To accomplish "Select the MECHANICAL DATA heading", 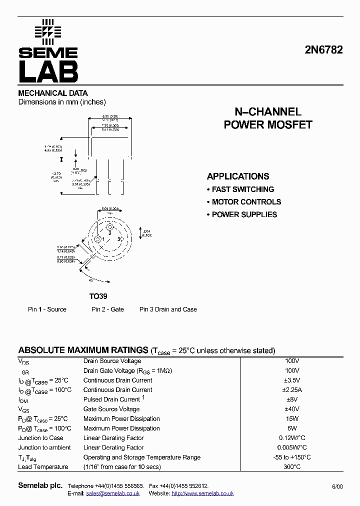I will [x=53, y=93].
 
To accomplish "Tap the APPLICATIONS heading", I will [x=238, y=176].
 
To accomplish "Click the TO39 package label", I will [x=98, y=296].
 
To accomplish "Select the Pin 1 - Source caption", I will [x=47, y=309].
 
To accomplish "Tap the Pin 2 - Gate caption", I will [x=107, y=309].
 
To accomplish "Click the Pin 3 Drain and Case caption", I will [x=168, y=309].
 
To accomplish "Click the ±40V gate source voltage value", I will [x=292, y=409].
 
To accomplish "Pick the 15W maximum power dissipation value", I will [x=292, y=418].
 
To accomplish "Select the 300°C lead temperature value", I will [x=292, y=466].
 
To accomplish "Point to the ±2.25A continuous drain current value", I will [x=292, y=389].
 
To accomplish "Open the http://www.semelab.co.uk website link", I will [x=202, y=493].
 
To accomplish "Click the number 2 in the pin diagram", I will [x=109, y=233].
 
